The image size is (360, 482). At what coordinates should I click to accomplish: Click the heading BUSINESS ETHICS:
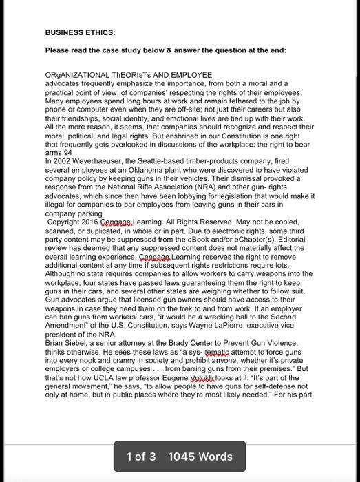point(80,32)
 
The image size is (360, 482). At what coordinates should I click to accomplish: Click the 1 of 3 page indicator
point(141,457)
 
